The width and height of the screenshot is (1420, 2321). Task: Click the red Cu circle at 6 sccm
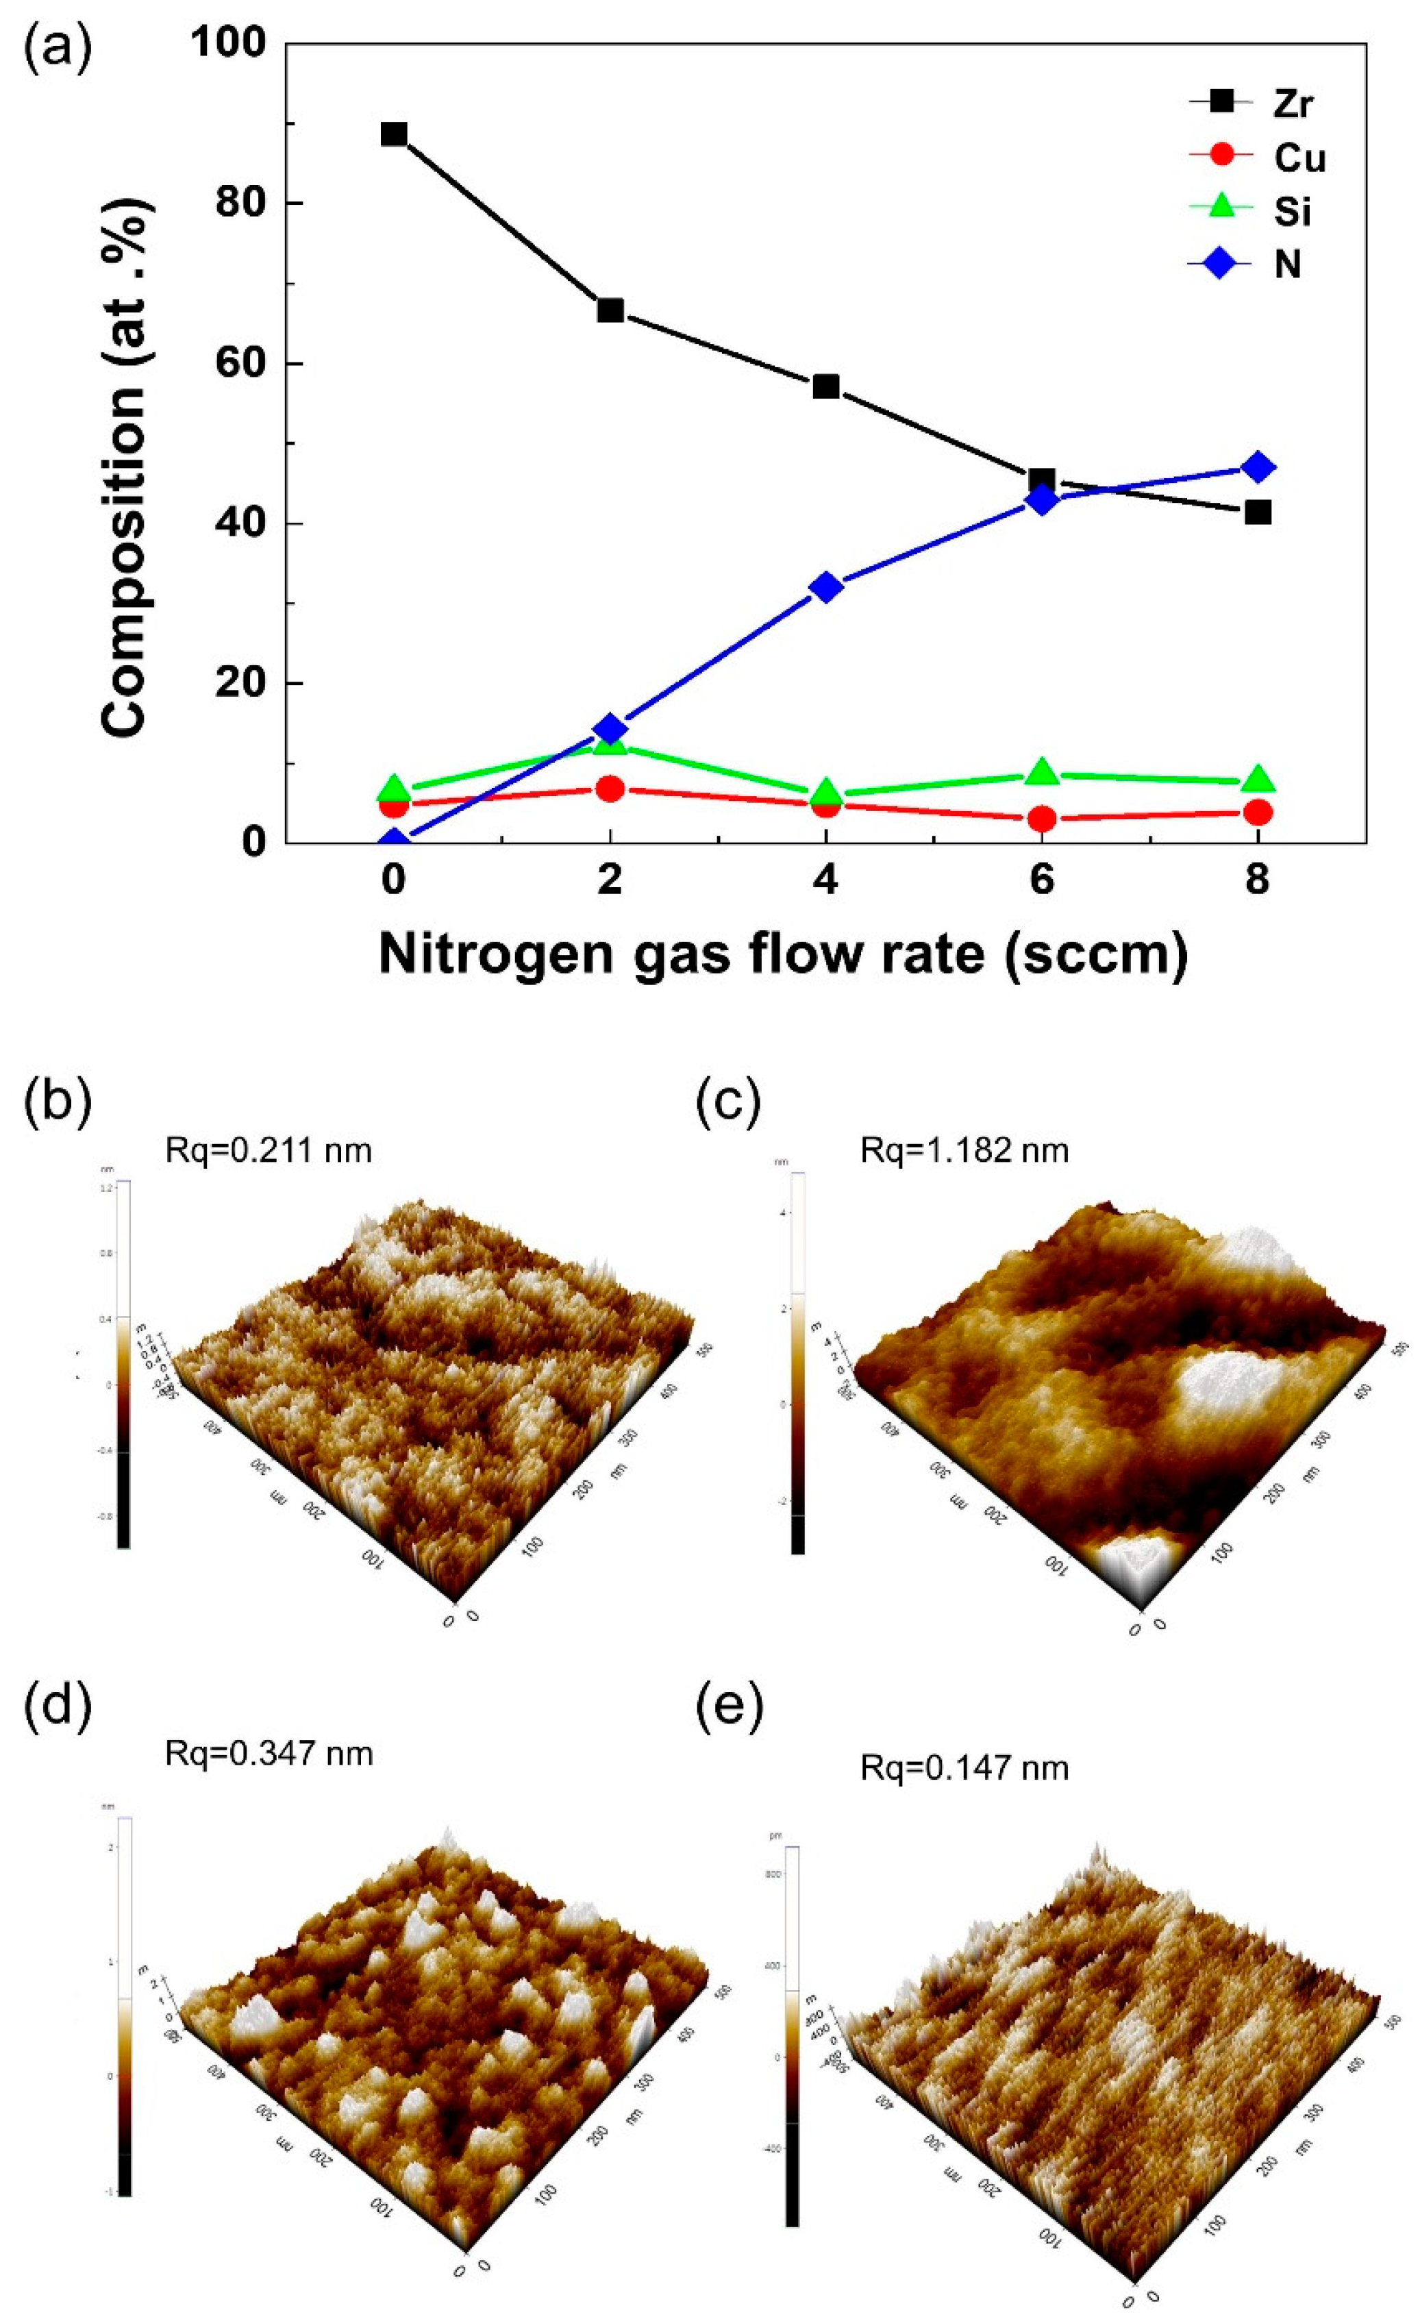[1041, 819]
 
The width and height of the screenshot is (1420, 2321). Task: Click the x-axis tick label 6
[1041, 880]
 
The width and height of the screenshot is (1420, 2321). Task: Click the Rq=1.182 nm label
[964, 1151]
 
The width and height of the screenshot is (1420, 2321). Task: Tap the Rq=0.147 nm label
[964, 1768]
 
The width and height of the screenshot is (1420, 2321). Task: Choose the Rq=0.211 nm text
[269, 1150]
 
